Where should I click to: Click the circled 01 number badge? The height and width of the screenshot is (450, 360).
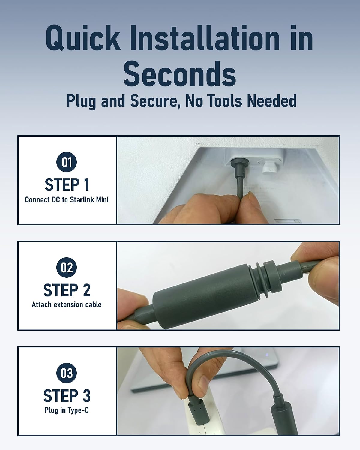(67, 162)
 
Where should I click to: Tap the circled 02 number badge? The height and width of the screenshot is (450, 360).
(67, 267)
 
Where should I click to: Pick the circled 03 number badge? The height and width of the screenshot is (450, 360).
(67, 373)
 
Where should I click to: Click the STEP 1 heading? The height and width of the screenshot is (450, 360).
(67, 184)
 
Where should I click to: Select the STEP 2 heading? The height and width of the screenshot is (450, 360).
(67, 290)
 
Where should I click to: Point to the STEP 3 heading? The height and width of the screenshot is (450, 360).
(67, 396)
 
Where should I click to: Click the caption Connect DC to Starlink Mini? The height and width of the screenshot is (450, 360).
(67, 200)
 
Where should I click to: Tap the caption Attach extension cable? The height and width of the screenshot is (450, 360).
(67, 305)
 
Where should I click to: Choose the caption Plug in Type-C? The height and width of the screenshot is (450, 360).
(67, 410)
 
